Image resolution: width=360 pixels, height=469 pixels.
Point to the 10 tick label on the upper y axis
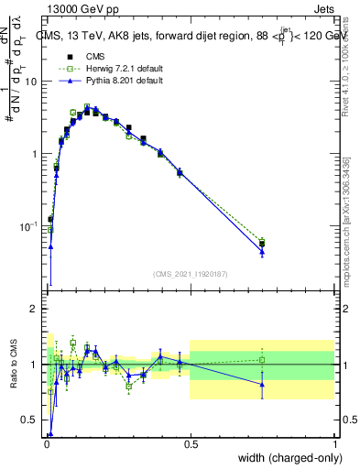pos(32,81)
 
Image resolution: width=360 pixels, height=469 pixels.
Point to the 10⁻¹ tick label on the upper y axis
pos(29,226)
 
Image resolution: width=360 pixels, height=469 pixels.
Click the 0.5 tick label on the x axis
pos(191,444)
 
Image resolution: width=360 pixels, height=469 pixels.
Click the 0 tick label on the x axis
pos(46,444)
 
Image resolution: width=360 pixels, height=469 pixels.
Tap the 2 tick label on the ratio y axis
pos(35,309)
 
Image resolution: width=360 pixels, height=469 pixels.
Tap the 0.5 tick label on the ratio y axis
pos(30,420)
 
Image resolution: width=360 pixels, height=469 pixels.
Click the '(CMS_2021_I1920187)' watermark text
pos(191,273)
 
